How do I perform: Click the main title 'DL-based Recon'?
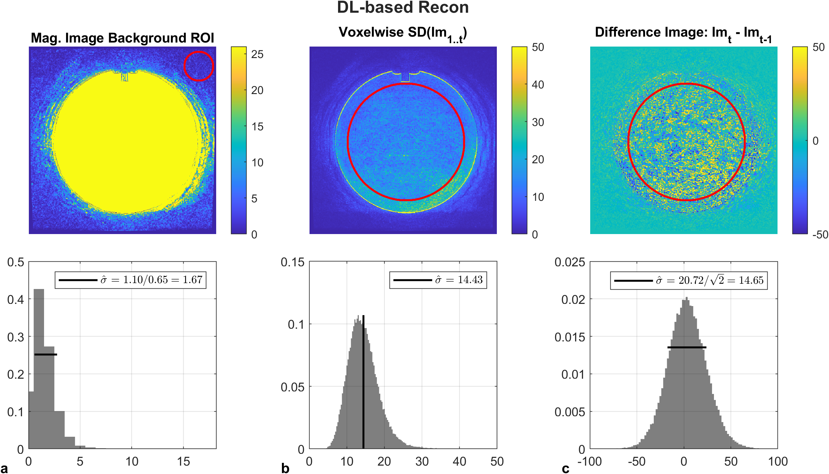point(403,8)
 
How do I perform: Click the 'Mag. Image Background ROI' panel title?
point(122,38)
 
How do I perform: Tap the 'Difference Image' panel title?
point(683,34)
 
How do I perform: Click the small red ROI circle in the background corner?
point(198,66)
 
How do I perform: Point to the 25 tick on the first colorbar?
point(257,54)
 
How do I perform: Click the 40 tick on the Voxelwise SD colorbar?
point(537,85)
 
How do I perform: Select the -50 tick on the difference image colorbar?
point(820,234)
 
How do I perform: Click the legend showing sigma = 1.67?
point(131,280)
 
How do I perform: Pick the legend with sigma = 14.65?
point(689,280)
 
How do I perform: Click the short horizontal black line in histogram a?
point(46,354)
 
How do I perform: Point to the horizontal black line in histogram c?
point(687,347)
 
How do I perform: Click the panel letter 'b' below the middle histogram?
point(285,468)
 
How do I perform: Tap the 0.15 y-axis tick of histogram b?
point(292,262)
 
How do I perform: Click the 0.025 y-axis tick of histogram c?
point(569,262)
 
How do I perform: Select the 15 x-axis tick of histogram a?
point(183,461)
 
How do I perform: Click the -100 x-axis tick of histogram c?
point(589,461)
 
